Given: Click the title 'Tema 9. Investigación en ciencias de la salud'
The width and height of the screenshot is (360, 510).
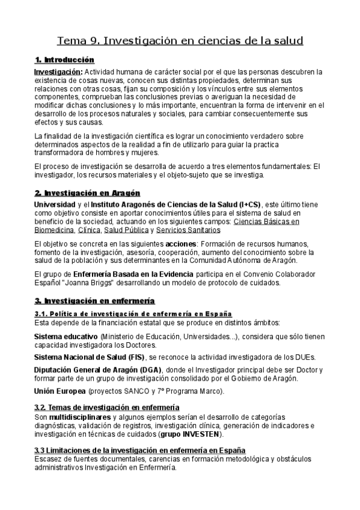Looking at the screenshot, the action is (180, 41).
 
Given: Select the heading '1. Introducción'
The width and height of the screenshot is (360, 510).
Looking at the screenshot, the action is (65, 60).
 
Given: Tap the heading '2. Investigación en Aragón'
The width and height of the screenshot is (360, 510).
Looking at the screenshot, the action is (87, 193).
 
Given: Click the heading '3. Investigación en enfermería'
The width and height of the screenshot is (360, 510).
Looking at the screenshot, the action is (94, 301).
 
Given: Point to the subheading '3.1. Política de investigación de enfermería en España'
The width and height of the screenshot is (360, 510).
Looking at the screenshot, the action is (133, 314).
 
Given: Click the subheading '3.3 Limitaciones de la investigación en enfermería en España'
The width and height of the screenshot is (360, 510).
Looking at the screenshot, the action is (139, 451).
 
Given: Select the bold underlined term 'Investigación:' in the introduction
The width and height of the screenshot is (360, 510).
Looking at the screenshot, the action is (58, 72).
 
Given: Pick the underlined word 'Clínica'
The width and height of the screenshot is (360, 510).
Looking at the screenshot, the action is (89, 230).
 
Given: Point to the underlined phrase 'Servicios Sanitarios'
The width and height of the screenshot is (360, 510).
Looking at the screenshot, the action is (188, 230).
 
